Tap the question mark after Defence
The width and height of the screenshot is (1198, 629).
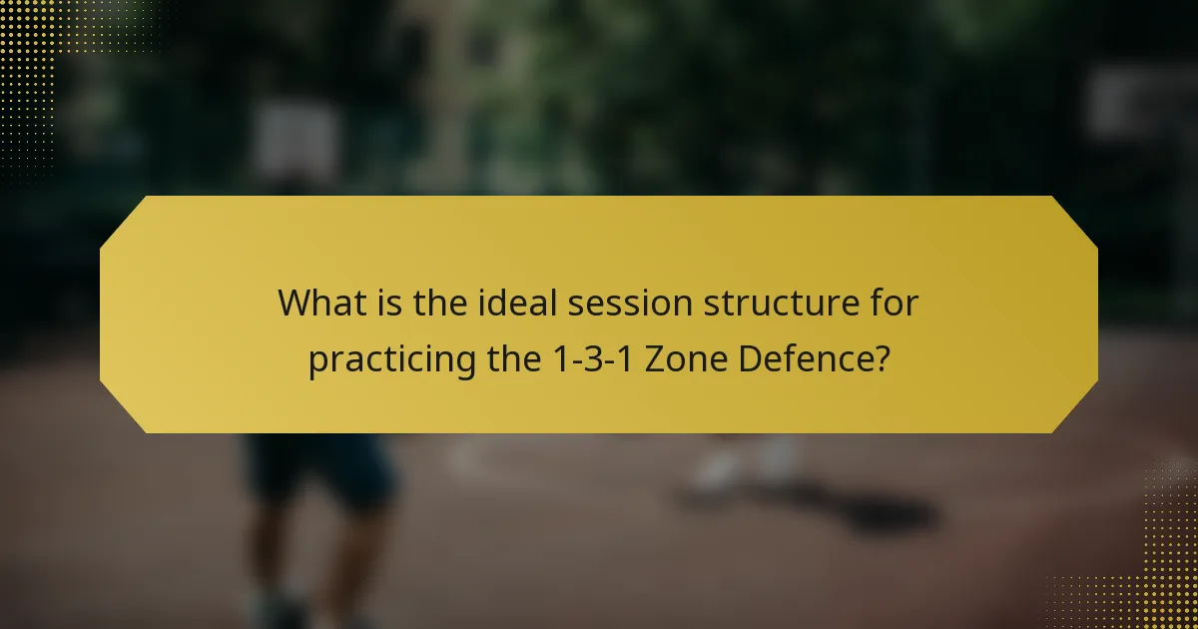click(x=882, y=358)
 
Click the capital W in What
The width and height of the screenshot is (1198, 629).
click(x=295, y=303)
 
